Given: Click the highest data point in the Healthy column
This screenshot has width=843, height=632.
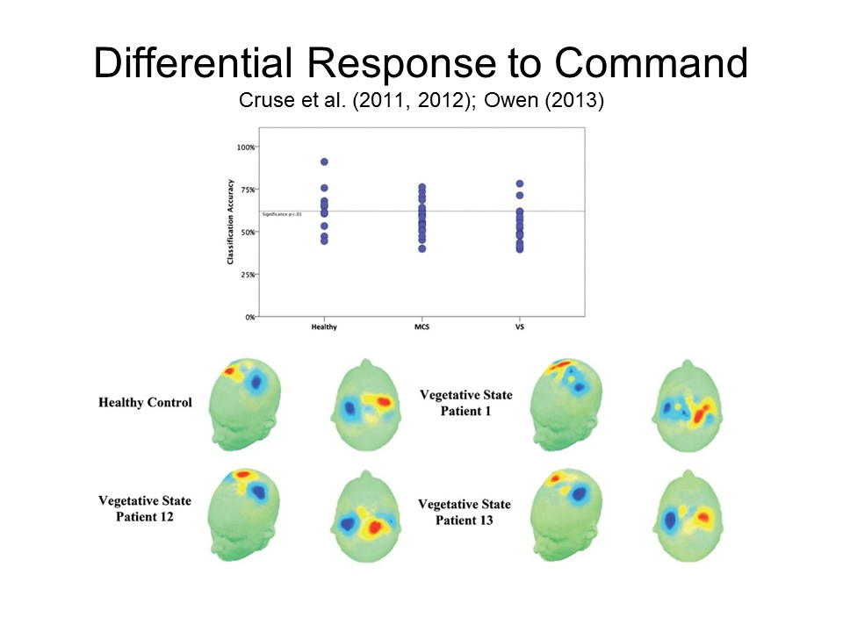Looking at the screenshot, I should click(x=324, y=162).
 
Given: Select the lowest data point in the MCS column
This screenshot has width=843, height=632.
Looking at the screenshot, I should click(x=422, y=248).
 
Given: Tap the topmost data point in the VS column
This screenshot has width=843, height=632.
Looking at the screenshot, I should click(x=520, y=183).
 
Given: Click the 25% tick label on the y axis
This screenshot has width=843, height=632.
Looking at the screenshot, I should click(x=248, y=275).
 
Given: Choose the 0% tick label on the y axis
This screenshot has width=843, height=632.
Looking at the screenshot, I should click(x=249, y=317).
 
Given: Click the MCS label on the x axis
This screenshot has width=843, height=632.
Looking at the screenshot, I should click(x=422, y=327).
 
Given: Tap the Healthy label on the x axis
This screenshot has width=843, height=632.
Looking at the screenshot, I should click(x=324, y=327).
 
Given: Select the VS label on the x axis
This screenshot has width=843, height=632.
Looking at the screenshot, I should click(x=520, y=327).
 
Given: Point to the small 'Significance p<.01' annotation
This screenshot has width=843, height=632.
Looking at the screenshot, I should click(x=282, y=214).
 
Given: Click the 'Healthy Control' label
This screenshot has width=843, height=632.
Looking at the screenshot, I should click(x=145, y=403).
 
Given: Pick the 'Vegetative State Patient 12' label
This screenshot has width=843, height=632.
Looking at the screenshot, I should click(x=145, y=508).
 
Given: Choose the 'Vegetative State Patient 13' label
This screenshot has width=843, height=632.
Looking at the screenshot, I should click(x=464, y=512).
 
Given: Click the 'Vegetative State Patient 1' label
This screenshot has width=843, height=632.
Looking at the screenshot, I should click(x=465, y=403).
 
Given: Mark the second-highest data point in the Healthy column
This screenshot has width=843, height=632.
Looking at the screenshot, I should click(x=324, y=188).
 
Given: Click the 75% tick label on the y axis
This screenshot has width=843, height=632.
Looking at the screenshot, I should click(x=248, y=190).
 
